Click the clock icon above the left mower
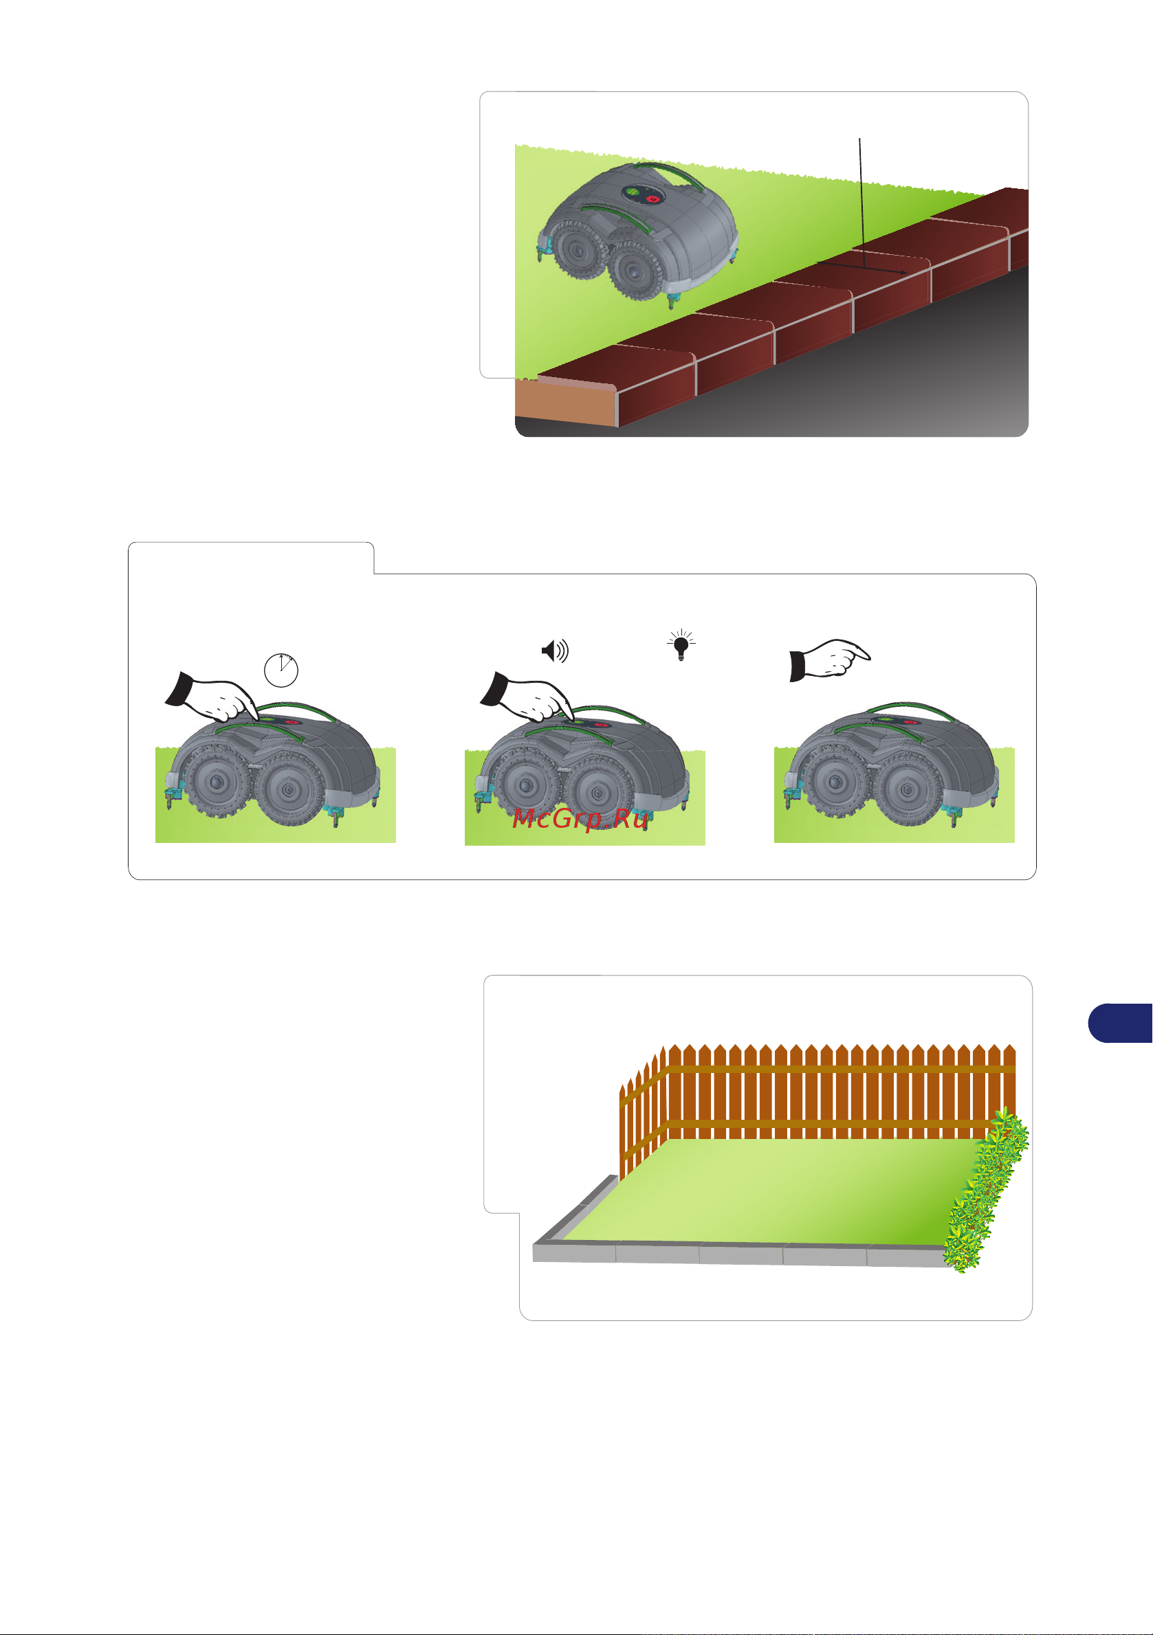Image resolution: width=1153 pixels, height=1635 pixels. point(281,670)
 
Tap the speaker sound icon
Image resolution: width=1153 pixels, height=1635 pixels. point(555,651)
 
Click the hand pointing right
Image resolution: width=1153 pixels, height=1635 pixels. point(829,660)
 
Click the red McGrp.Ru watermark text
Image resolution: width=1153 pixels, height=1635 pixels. point(580,819)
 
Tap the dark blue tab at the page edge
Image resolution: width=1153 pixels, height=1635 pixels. point(1120,1023)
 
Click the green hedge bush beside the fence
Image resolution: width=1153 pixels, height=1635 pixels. point(985,1191)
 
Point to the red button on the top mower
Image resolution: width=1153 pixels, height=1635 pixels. point(652,199)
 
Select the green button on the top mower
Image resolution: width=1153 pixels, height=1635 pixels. point(632,192)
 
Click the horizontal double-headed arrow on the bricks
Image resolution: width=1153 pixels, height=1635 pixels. point(862,268)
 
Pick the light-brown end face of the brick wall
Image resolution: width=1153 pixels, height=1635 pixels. point(566,403)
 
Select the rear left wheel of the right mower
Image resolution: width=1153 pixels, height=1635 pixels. point(835,782)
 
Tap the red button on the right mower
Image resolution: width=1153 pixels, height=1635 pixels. point(911,722)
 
